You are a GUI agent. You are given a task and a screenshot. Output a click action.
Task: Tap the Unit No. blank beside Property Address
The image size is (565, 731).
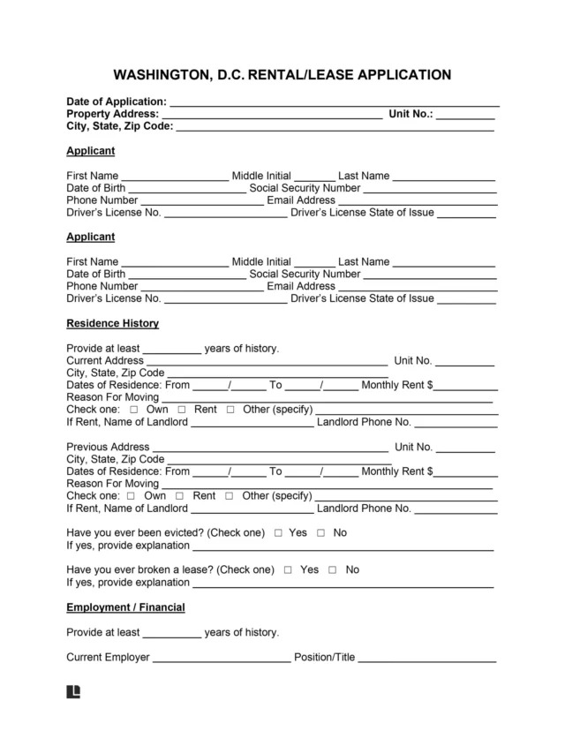(465, 116)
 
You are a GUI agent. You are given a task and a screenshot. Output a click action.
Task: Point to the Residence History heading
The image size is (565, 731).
(112, 324)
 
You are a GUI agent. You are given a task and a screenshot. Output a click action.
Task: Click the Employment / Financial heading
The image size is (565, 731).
(125, 608)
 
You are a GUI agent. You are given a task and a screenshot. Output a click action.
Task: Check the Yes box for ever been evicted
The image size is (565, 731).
(279, 534)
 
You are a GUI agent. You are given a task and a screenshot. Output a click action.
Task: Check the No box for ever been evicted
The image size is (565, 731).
(321, 534)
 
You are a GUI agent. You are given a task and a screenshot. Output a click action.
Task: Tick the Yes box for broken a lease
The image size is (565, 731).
(289, 571)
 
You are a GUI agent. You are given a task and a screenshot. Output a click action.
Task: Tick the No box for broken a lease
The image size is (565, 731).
(333, 571)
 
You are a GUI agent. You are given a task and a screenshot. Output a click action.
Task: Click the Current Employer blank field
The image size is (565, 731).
(222, 659)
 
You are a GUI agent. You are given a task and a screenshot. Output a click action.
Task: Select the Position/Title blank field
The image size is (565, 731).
(426, 659)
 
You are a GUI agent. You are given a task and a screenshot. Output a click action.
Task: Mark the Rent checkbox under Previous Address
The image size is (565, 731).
(181, 497)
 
